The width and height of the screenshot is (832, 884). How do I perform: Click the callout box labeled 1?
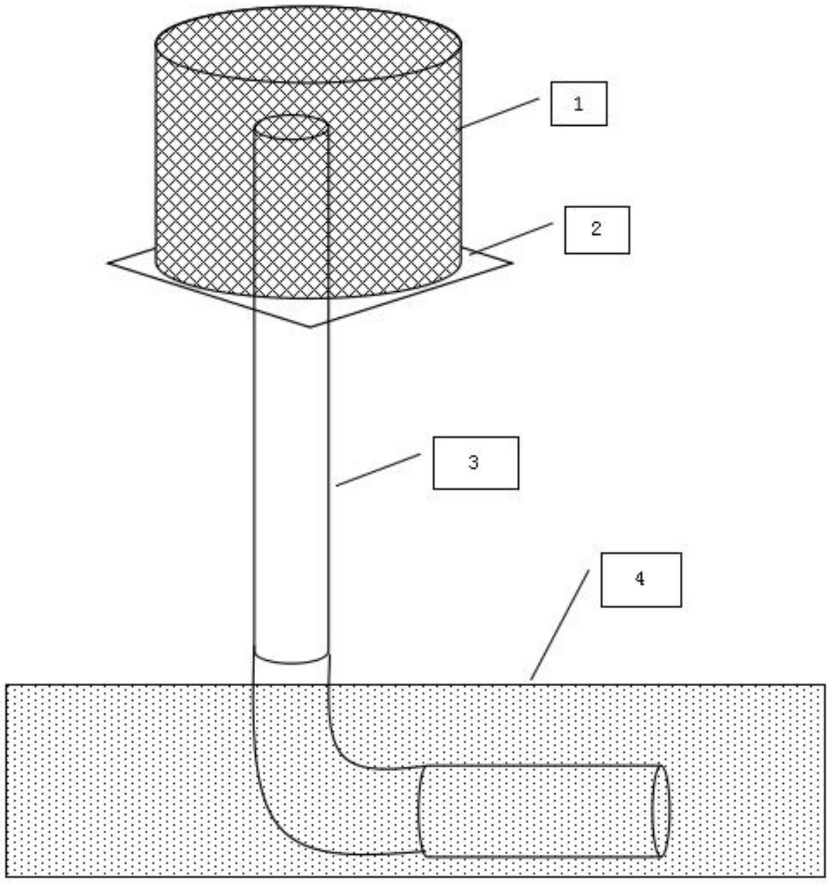(578, 104)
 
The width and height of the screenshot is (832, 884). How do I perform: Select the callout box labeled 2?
(597, 230)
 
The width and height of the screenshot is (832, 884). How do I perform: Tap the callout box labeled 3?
(476, 462)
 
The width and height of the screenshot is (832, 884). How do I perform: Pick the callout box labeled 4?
(641, 579)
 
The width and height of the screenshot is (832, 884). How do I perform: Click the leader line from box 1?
(499, 113)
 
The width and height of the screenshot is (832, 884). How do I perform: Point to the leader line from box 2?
(512, 238)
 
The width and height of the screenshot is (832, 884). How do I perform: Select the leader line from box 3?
(378, 470)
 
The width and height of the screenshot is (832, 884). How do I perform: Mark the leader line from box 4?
(560, 625)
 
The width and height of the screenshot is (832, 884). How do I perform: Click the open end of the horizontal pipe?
(660, 810)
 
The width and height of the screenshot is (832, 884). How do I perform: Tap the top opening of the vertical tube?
(291, 127)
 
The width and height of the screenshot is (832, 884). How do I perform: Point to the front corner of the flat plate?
(310, 327)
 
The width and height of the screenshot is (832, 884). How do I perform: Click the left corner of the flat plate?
(108, 263)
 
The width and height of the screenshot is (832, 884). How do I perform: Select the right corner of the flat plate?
(511, 262)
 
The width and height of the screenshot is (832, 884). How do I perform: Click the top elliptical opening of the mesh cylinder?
(308, 44)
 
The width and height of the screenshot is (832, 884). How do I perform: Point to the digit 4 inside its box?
(640, 579)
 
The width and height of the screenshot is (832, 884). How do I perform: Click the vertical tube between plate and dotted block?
(291, 487)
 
